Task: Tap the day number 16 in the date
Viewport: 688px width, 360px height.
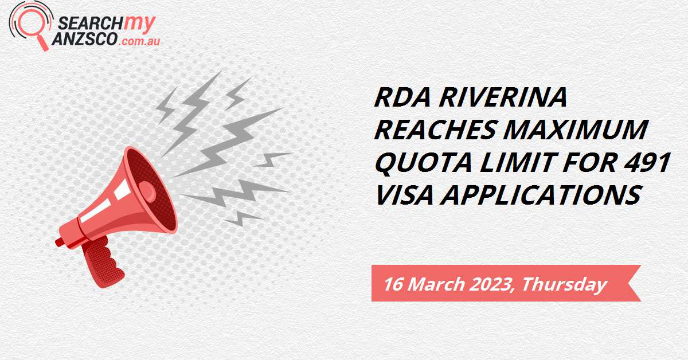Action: (394, 283)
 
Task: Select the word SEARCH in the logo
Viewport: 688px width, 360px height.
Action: (83, 24)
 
